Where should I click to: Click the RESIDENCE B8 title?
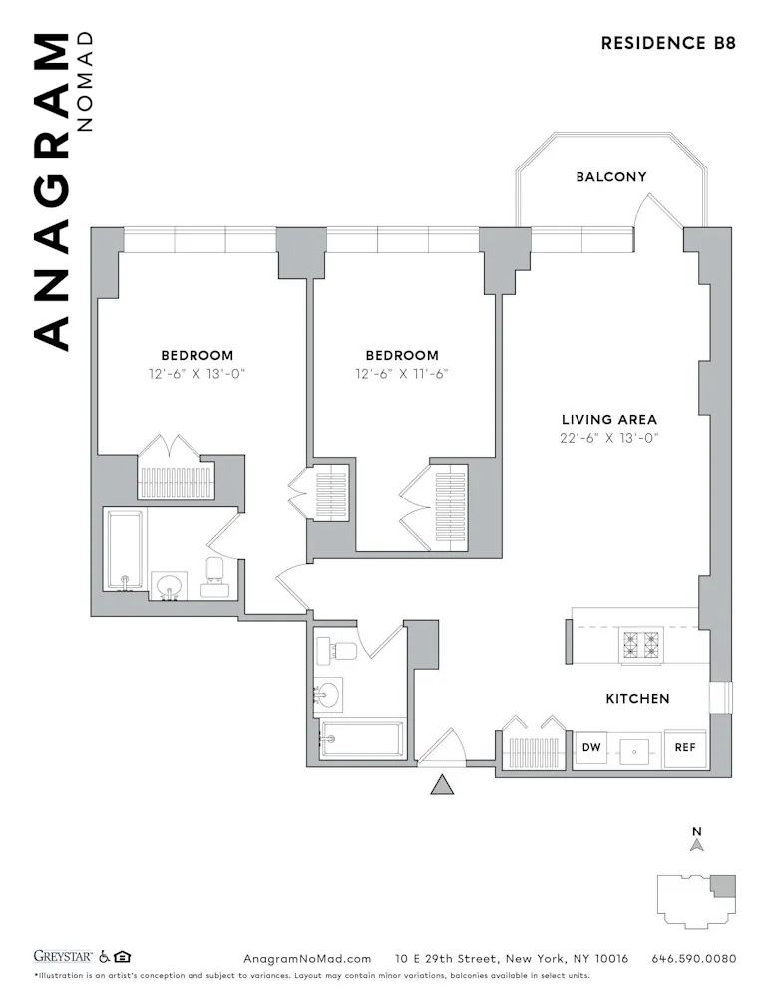click(x=668, y=43)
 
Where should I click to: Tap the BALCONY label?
click(x=610, y=177)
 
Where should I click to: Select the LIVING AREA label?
click(x=608, y=420)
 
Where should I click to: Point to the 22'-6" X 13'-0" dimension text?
click(x=608, y=438)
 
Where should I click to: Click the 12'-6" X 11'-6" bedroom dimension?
click(x=401, y=374)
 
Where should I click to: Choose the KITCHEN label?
click(x=637, y=699)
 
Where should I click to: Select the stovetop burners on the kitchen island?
click(x=636, y=646)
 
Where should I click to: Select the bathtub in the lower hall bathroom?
click(x=361, y=739)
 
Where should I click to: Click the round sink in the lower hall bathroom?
click(x=328, y=693)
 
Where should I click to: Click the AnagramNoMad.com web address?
click(x=307, y=958)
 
